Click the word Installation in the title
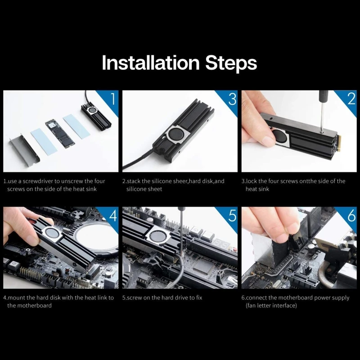tap(151, 63)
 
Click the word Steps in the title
tap(231, 63)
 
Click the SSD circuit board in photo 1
tap(60, 133)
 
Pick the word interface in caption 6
tap(283, 306)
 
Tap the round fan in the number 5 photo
tap(157, 236)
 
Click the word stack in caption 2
tap(134, 181)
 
